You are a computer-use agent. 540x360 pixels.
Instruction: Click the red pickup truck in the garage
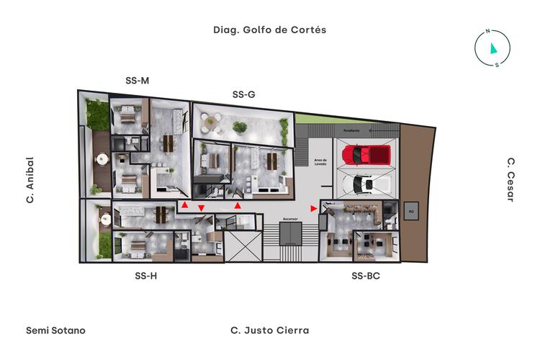(x=366, y=155)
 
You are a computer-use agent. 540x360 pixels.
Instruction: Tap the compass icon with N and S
(x=492, y=48)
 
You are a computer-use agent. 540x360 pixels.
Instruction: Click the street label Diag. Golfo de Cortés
(x=270, y=30)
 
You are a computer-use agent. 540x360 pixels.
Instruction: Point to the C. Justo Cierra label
(x=269, y=330)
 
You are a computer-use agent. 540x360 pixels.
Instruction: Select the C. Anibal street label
(x=30, y=180)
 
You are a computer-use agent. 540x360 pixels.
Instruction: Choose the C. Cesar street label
(x=510, y=180)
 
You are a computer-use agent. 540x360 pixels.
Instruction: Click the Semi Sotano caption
(x=55, y=330)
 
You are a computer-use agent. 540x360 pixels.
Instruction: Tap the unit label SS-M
(x=137, y=81)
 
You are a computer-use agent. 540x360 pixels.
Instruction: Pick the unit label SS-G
(x=243, y=94)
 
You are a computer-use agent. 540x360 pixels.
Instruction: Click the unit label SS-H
(x=145, y=275)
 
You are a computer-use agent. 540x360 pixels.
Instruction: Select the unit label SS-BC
(x=366, y=275)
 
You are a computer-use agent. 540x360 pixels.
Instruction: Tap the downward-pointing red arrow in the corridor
(x=201, y=209)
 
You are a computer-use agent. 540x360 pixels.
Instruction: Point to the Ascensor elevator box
(x=291, y=234)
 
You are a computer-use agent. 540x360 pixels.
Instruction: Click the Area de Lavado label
(x=320, y=162)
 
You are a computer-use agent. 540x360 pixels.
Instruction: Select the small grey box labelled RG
(x=411, y=212)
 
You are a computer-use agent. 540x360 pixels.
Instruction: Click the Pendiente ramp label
(x=351, y=131)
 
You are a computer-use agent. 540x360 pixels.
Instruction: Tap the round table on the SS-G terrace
(x=210, y=122)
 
